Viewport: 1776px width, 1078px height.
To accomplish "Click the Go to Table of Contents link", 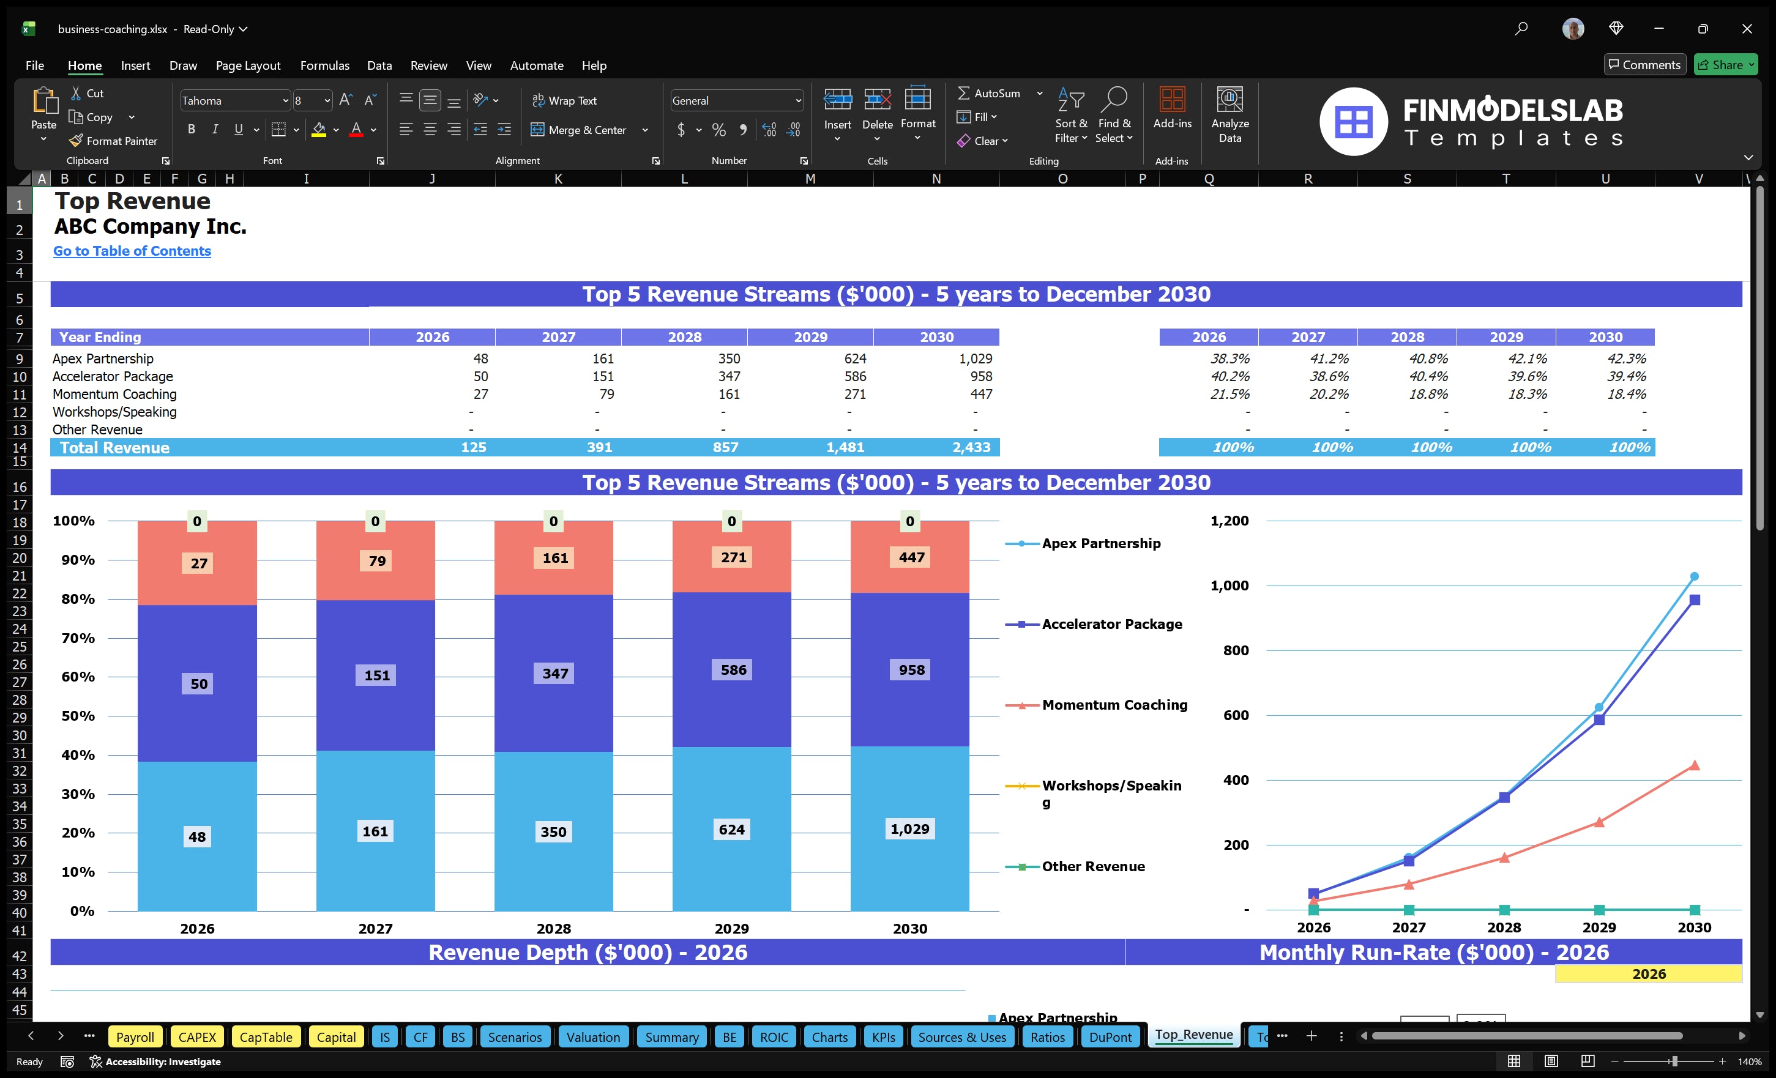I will [132, 251].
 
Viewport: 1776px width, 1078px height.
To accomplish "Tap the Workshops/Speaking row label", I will [114, 412].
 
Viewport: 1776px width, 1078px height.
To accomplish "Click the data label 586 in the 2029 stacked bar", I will [733, 670].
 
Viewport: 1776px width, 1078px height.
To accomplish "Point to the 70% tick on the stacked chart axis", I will [77, 638].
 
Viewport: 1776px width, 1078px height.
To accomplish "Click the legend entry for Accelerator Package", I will [1111, 624].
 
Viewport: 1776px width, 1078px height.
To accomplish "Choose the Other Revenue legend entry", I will [1092, 866].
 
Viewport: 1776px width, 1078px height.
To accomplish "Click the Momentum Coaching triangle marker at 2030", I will [1695, 765].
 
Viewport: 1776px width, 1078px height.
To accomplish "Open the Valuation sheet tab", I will [592, 1037].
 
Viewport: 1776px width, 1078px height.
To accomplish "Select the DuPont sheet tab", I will [1110, 1037].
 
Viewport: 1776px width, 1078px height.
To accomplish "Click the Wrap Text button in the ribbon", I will [564, 101].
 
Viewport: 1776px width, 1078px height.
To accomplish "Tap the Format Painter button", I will [113, 141].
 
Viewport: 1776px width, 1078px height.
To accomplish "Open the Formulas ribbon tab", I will [324, 65].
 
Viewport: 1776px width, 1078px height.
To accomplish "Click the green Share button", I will [1725, 65].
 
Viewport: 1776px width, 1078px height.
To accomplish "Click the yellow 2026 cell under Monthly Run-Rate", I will [1647, 974].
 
